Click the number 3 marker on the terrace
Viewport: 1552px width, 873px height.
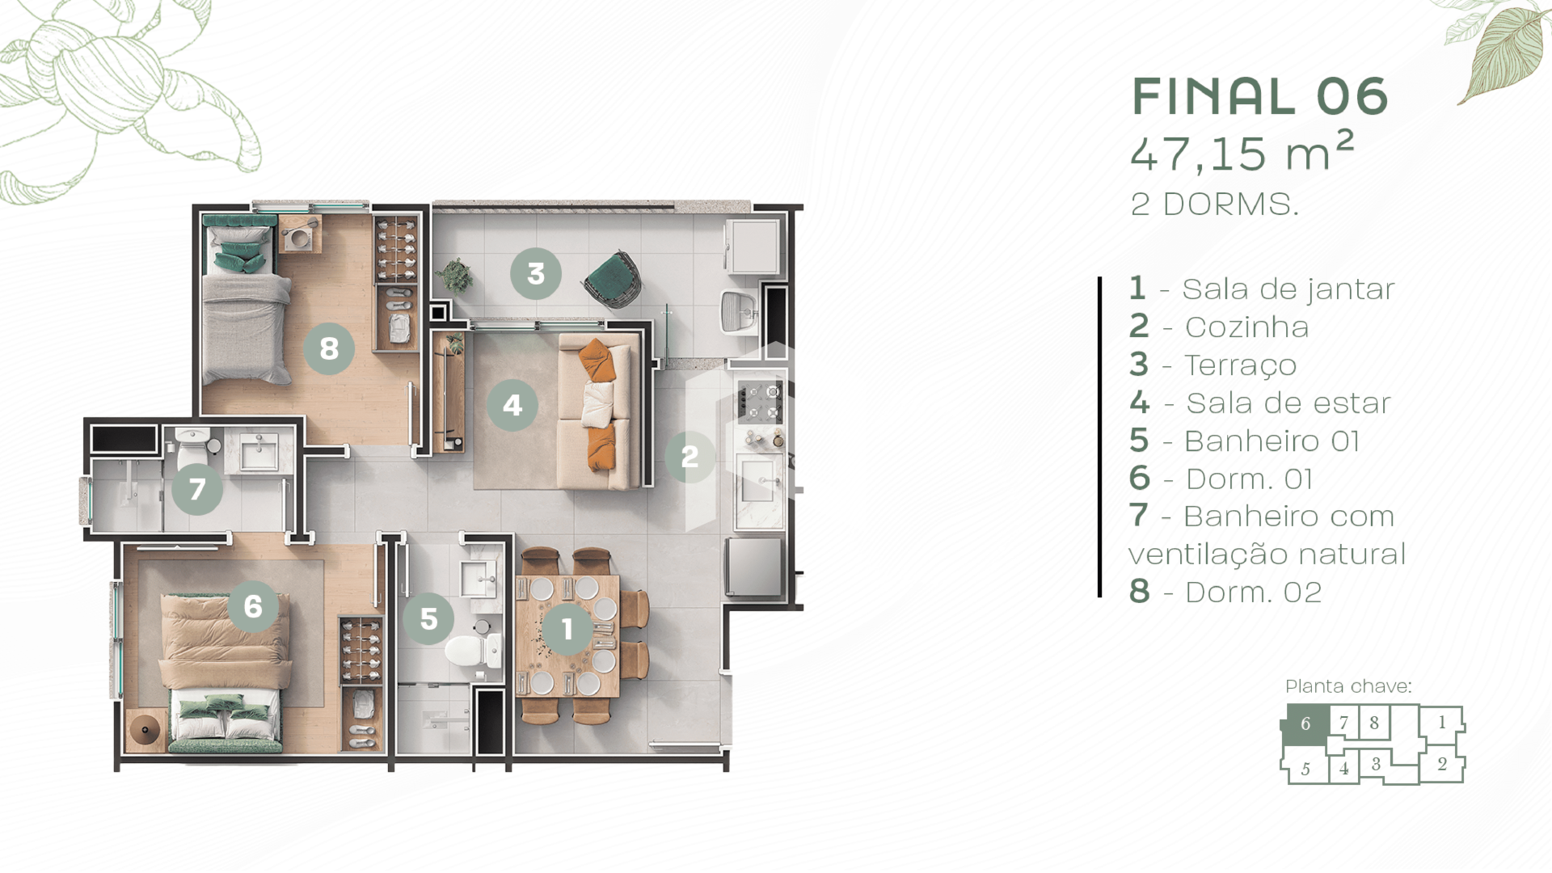pyautogui.click(x=536, y=274)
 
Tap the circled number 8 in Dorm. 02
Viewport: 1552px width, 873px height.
pyautogui.click(x=329, y=348)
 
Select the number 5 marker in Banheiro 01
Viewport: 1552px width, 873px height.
pyautogui.click(x=428, y=618)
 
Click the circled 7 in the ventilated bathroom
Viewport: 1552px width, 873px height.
pyautogui.click(x=197, y=489)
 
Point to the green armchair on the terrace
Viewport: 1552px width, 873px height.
pyautogui.click(x=613, y=279)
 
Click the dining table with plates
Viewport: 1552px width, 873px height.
pyautogui.click(x=567, y=635)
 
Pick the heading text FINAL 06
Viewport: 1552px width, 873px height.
pyautogui.click(x=1259, y=96)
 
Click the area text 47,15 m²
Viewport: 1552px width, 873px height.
pyautogui.click(x=1242, y=152)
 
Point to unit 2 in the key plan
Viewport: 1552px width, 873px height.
pyautogui.click(x=1442, y=765)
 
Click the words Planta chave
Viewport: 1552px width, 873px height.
pyautogui.click(x=1348, y=686)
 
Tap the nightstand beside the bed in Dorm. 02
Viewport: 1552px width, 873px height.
pyautogui.click(x=300, y=234)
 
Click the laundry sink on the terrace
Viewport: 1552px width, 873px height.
pyautogui.click(x=739, y=312)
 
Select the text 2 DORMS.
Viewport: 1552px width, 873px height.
pyautogui.click(x=1214, y=205)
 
